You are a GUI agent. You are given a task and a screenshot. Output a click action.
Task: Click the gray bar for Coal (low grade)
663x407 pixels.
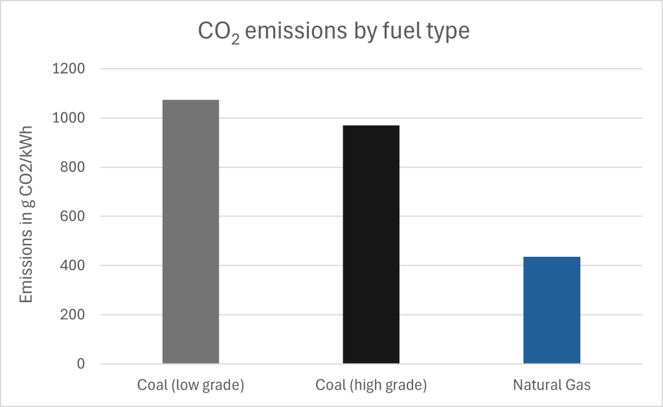click(190, 232)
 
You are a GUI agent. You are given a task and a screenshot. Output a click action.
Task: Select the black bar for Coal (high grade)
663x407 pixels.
click(371, 244)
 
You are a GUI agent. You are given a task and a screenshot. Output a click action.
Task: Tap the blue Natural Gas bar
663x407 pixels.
click(552, 310)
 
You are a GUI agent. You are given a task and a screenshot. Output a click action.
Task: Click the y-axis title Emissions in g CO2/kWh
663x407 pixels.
click(27, 216)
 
